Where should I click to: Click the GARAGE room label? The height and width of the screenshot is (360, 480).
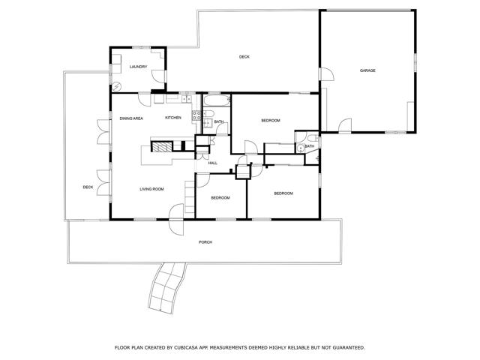click(367, 70)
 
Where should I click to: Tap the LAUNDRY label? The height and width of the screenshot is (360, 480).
click(137, 67)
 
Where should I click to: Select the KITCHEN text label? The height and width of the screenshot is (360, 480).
click(173, 118)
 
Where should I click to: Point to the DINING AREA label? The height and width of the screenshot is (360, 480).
click(131, 118)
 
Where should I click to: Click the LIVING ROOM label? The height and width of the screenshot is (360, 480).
click(151, 189)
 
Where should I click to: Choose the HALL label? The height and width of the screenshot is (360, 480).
click(212, 162)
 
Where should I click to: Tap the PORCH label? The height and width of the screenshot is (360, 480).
click(205, 243)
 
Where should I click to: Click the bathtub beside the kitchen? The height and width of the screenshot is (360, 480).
click(215, 103)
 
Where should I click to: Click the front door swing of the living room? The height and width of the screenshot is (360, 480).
click(176, 212)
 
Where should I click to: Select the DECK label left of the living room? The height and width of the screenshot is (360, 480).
click(88, 187)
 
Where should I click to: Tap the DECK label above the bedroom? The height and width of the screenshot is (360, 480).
click(244, 57)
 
